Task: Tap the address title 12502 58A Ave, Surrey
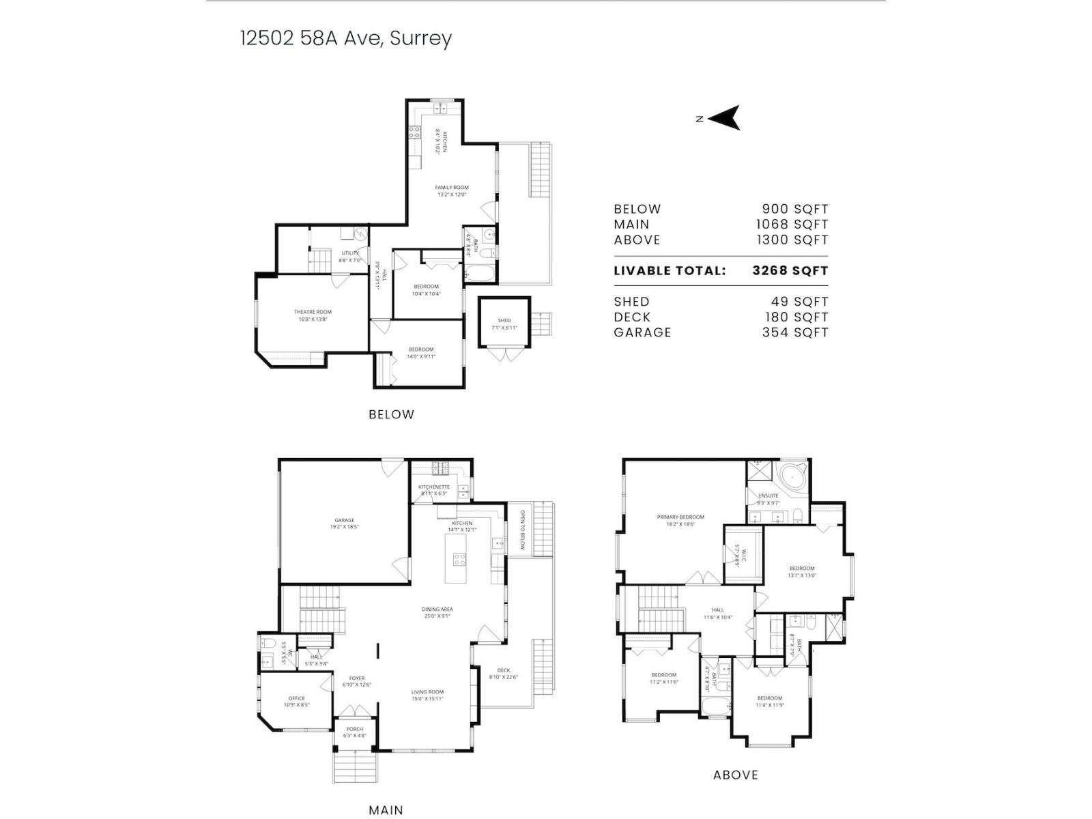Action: (x=345, y=38)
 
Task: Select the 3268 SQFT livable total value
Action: (x=790, y=270)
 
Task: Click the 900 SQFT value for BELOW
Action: (x=794, y=209)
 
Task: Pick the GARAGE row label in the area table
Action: (x=642, y=332)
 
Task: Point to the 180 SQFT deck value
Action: (x=796, y=317)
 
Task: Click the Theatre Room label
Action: (x=313, y=312)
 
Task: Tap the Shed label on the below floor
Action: (x=504, y=320)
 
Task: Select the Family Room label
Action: (x=452, y=187)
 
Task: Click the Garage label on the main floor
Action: (x=344, y=520)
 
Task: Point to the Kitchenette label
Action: (x=434, y=487)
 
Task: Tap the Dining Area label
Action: (x=437, y=609)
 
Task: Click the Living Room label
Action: (x=427, y=692)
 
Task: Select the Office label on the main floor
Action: (x=296, y=698)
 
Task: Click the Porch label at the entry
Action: (x=354, y=729)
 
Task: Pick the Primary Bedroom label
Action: (x=680, y=517)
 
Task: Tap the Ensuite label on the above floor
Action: (x=768, y=495)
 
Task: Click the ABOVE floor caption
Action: (x=735, y=775)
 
